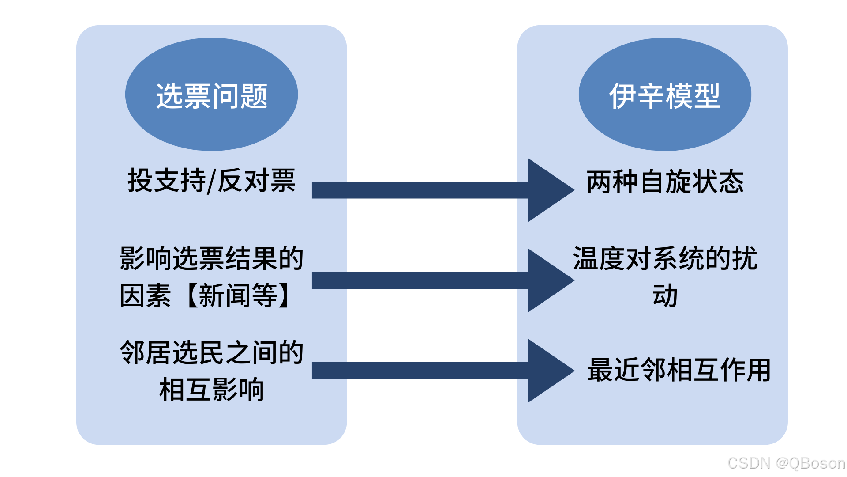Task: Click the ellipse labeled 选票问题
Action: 211,95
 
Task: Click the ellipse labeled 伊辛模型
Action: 664,95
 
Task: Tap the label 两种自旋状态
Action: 665,182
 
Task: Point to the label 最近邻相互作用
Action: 679,370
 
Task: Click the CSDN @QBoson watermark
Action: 786,463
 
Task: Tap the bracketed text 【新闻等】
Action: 238,295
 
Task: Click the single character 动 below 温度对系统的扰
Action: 665,295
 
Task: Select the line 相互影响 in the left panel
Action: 211,390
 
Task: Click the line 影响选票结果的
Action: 211,258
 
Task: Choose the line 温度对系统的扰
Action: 665,258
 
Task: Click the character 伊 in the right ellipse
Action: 622,95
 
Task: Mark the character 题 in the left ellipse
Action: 255,95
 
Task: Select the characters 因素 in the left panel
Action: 145,295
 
